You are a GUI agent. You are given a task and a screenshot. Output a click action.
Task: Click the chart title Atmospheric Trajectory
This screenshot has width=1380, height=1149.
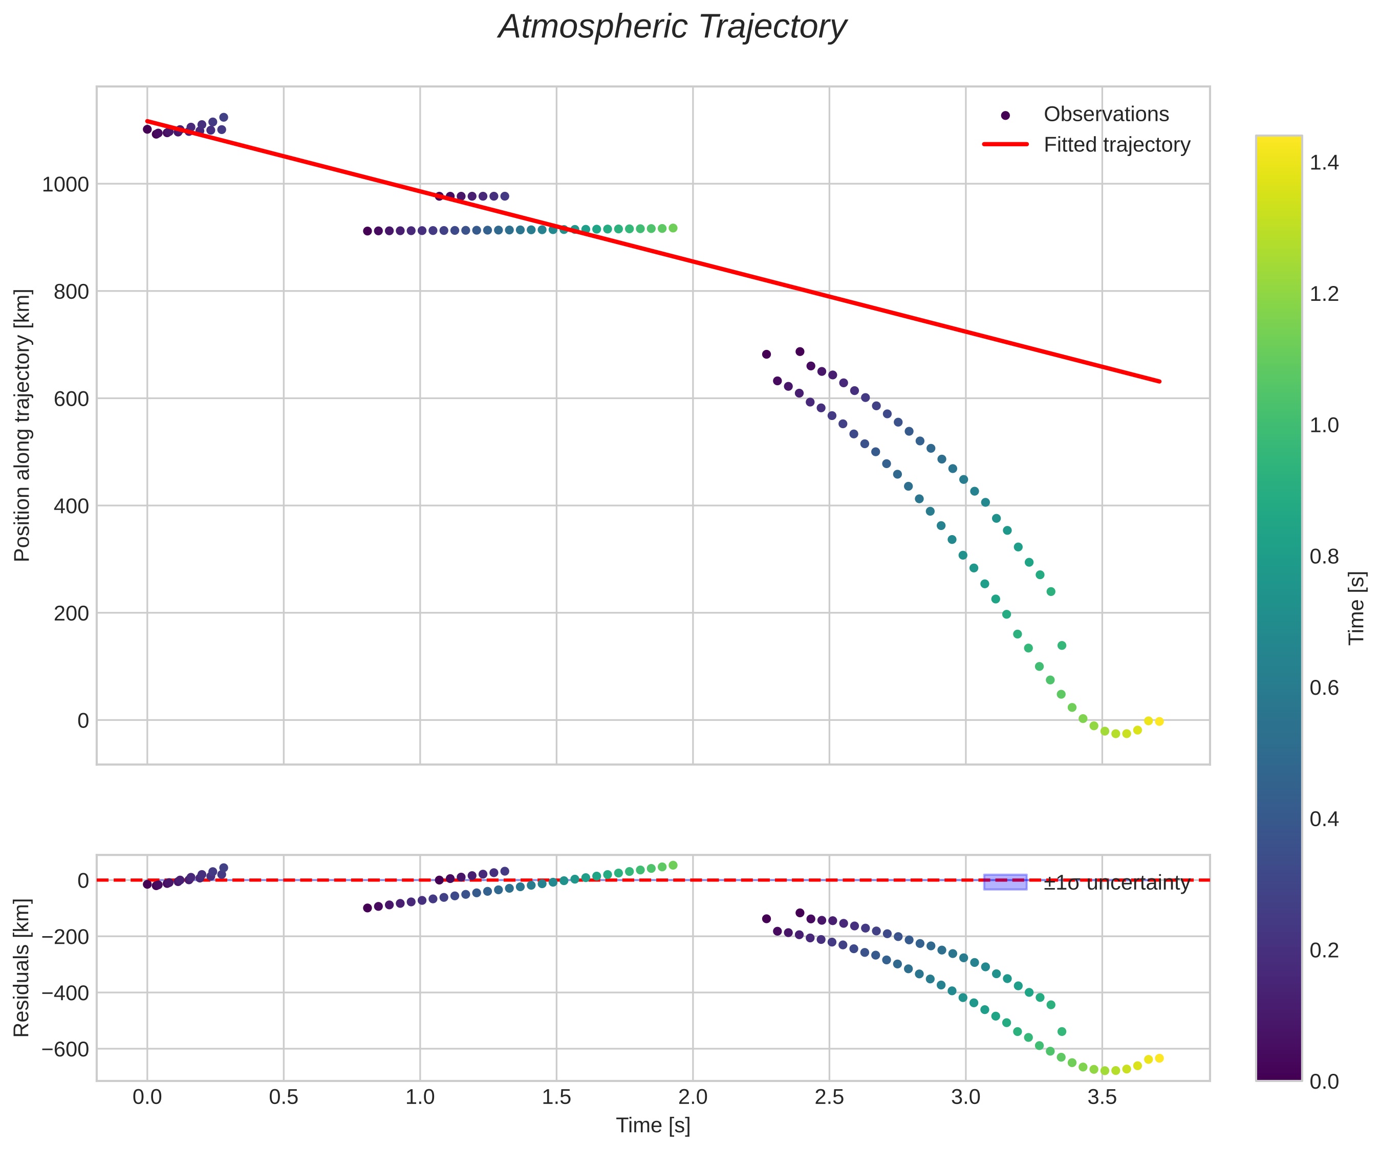[672, 28]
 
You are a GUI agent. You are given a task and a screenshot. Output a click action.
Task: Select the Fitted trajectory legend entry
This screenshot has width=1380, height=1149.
[1116, 145]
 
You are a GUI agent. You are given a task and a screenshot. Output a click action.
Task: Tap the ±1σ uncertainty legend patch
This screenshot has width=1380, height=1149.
[1005, 882]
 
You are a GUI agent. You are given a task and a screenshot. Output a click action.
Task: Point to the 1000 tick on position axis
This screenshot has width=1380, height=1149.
[65, 185]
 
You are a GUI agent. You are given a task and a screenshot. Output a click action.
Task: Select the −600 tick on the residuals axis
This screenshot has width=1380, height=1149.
[65, 1049]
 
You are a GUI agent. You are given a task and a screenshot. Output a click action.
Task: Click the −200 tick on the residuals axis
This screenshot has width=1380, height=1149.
[65, 937]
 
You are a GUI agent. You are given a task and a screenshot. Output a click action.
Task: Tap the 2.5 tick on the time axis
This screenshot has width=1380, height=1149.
[829, 1097]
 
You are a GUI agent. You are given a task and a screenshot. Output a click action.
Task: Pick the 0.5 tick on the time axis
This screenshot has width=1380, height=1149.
[283, 1097]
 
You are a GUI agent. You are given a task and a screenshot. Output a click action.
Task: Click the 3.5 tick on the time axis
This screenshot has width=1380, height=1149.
[1102, 1097]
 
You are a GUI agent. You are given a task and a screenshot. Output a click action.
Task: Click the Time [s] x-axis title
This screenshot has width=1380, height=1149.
[653, 1125]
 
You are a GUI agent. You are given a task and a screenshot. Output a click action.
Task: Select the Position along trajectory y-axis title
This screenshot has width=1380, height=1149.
[23, 425]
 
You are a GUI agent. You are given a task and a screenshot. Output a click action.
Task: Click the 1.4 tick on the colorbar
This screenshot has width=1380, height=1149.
[1324, 163]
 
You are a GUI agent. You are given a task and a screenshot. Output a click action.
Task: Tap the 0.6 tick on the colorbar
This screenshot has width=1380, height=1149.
[1324, 688]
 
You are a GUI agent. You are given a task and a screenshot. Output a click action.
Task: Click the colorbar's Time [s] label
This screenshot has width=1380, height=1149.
[1356, 608]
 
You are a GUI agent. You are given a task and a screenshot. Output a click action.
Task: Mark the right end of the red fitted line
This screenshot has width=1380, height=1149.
[1160, 381]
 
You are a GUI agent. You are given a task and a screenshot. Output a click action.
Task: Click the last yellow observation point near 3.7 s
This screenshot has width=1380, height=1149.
[1159, 721]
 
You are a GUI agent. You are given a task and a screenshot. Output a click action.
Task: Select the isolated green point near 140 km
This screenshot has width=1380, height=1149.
[1061, 646]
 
